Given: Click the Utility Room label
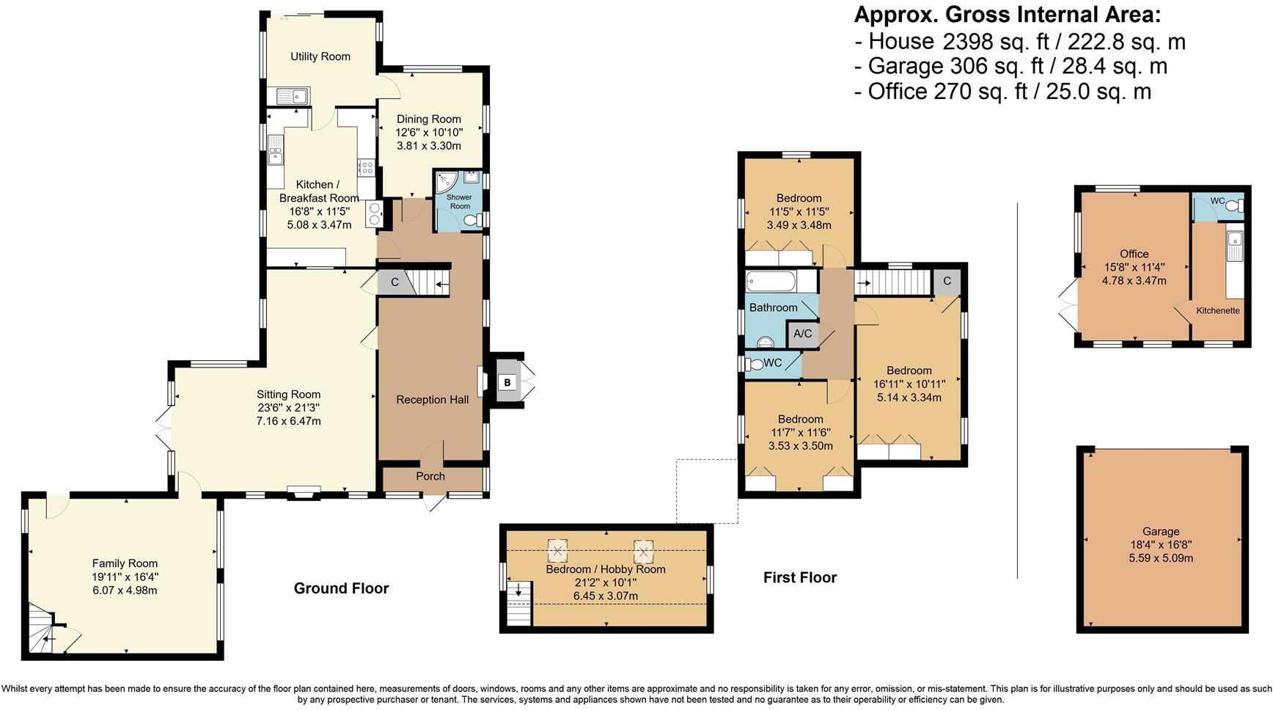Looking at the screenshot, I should click(x=320, y=56).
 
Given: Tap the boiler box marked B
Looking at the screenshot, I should click(x=507, y=382).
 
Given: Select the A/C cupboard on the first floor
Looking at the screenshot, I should click(x=802, y=334).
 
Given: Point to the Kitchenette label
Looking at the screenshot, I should click(x=1217, y=310).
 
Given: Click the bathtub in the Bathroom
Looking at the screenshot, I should click(x=771, y=282).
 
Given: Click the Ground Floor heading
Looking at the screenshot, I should click(x=341, y=588).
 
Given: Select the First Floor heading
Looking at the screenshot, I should click(x=799, y=577).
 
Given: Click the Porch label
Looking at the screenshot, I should click(x=430, y=476).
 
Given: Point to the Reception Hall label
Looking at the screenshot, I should click(x=432, y=400).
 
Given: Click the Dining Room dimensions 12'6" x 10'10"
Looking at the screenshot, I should click(x=429, y=133).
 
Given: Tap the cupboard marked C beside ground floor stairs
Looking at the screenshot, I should click(x=394, y=282).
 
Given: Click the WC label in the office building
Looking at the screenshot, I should click(x=1217, y=201).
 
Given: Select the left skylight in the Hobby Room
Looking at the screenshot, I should click(x=559, y=550).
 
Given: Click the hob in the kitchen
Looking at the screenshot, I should click(x=365, y=168).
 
